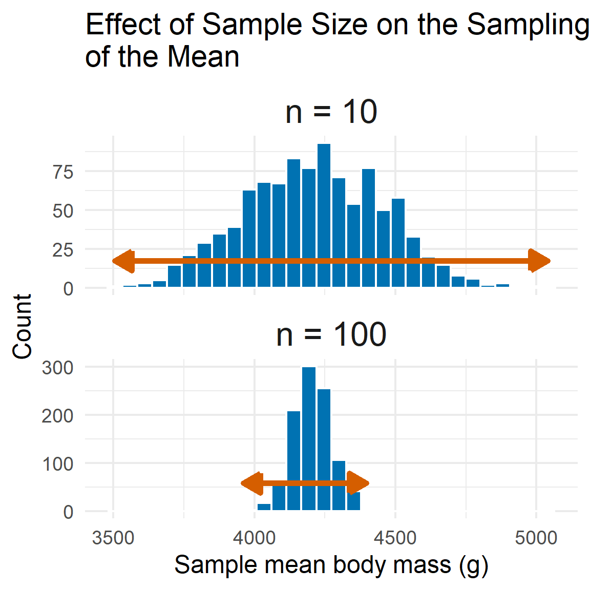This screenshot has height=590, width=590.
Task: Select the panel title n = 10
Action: (x=331, y=112)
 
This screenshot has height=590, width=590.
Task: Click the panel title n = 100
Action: (x=331, y=334)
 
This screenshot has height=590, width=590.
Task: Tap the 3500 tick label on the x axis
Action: (x=113, y=538)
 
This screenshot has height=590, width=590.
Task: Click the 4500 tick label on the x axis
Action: (x=395, y=538)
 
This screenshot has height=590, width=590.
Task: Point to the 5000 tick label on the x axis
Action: (x=536, y=538)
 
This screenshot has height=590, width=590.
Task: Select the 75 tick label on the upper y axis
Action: (x=63, y=172)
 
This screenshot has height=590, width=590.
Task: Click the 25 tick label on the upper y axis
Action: (x=63, y=250)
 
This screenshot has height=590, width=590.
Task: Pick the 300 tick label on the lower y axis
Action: (x=57, y=367)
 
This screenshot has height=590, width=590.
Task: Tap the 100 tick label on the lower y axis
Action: (x=57, y=463)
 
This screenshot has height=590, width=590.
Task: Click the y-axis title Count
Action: (x=23, y=327)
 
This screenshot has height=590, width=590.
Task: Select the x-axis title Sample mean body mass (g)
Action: (x=331, y=565)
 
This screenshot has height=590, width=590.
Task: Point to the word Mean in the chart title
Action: (x=203, y=56)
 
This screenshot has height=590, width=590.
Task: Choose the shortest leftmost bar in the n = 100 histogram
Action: (x=264, y=507)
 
